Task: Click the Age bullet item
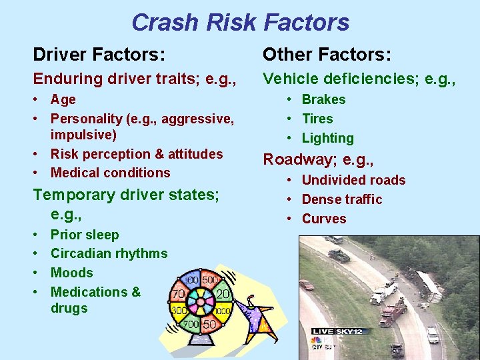click(x=63, y=99)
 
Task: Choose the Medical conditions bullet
click(x=110, y=173)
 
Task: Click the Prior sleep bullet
click(x=85, y=235)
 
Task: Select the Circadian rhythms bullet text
click(x=109, y=253)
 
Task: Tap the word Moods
click(x=71, y=273)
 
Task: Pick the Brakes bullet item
click(x=323, y=99)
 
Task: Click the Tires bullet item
click(x=317, y=119)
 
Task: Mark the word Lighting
click(x=327, y=138)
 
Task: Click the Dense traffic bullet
click(x=341, y=199)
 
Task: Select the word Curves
click(x=324, y=219)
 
